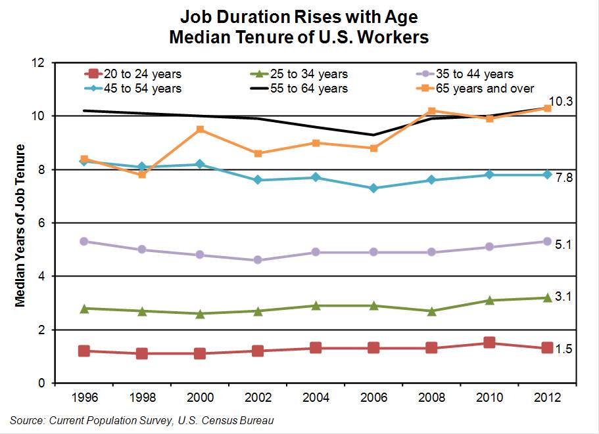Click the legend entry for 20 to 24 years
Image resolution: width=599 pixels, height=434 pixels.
pyautogui.click(x=132, y=74)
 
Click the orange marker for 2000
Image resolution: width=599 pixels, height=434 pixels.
pyautogui.click(x=200, y=129)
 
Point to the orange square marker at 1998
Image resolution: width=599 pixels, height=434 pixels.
pyautogui.click(x=142, y=174)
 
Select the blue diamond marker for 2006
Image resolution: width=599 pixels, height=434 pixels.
pyautogui.click(x=373, y=188)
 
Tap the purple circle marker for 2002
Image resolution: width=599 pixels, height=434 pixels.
pyautogui.click(x=258, y=260)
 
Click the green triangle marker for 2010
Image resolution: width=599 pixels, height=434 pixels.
pyautogui.click(x=489, y=300)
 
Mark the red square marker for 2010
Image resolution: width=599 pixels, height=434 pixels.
pyautogui.click(x=489, y=343)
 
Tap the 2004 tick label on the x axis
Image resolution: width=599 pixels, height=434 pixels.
pyautogui.click(x=316, y=398)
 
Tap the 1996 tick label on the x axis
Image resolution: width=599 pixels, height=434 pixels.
pyautogui.click(x=84, y=398)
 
